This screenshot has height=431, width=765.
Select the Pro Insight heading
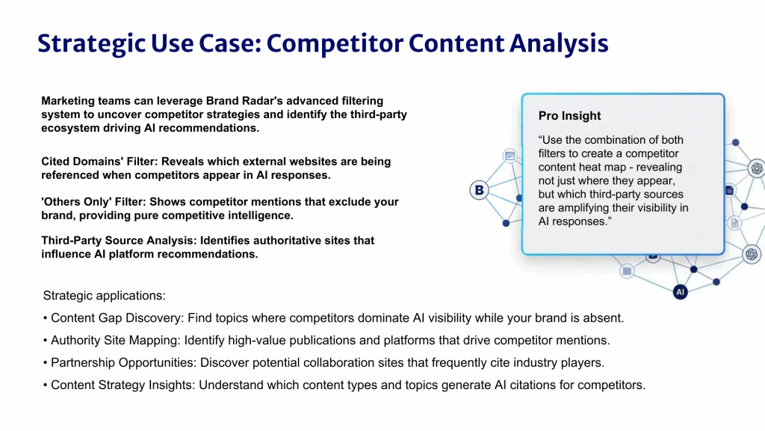point(569,116)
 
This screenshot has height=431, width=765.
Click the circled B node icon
point(479,190)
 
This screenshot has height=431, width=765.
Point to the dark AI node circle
point(680,293)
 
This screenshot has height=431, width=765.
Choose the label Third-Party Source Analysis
point(120,241)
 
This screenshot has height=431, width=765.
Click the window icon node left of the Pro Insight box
point(510,156)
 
